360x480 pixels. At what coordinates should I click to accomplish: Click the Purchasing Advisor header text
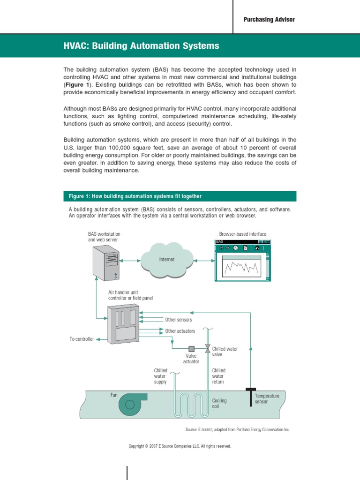(x=269, y=19)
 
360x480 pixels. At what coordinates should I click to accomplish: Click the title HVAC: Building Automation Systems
(x=141, y=46)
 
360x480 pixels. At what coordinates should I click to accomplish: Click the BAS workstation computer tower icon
(x=106, y=261)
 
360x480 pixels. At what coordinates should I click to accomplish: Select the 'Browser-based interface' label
(x=242, y=234)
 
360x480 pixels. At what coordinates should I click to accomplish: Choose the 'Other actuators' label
(x=180, y=331)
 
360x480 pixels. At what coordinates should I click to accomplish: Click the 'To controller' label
(x=82, y=339)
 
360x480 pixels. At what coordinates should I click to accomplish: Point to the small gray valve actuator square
(x=191, y=348)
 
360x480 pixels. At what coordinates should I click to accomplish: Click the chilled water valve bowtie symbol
(x=207, y=348)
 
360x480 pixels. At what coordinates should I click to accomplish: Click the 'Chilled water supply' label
(x=160, y=376)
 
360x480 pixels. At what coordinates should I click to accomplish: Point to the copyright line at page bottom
(x=180, y=446)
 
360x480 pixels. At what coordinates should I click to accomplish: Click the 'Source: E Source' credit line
(x=238, y=429)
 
